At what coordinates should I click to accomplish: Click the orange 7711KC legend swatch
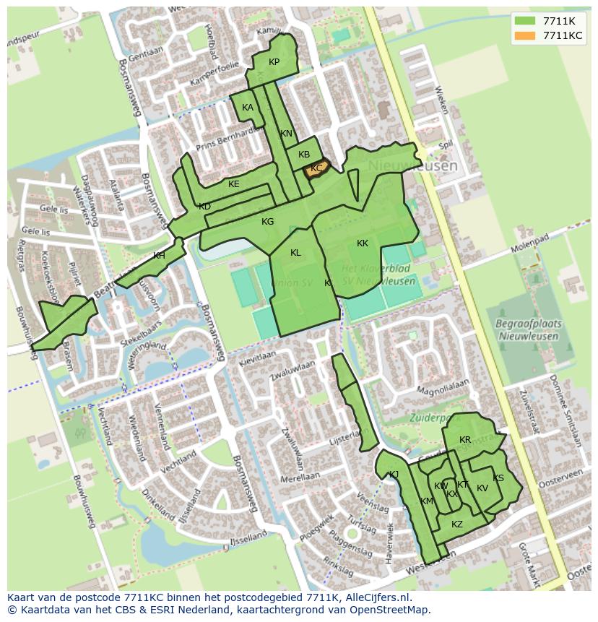pyautogui.click(x=525, y=36)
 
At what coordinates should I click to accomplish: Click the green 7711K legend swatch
pyautogui.click(x=525, y=21)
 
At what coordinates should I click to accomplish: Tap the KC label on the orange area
pyautogui.click(x=316, y=168)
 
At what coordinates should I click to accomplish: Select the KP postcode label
pyautogui.click(x=274, y=62)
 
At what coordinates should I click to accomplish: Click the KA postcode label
pyautogui.click(x=248, y=108)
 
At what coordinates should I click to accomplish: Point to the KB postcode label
pyautogui.click(x=304, y=155)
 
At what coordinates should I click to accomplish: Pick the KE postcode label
pyautogui.click(x=233, y=184)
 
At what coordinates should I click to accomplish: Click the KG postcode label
pyautogui.click(x=267, y=222)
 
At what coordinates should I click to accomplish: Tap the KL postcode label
pyautogui.click(x=295, y=253)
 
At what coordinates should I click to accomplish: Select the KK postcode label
pyautogui.click(x=363, y=243)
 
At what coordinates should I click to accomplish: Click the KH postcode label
pyautogui.click(x=159, y=256)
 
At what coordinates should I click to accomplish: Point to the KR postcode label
pyautogui.click(x=465, y=440)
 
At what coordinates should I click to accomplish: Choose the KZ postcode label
pyautogui.click(x=456, y=524)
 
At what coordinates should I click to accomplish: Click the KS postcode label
pyautogui.click(x=498, y=478)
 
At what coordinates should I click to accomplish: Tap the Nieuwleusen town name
pyautogui.click(x=412, y=166)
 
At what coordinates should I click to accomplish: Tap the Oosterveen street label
pyautogui.click(x=563, y=472)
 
